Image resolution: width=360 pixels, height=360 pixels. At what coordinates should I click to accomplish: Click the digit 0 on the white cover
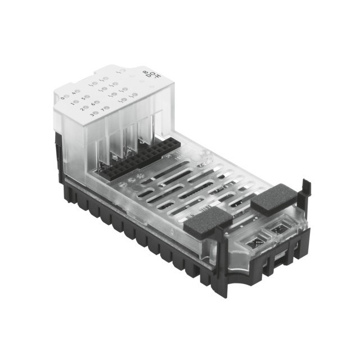click(62, 98)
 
